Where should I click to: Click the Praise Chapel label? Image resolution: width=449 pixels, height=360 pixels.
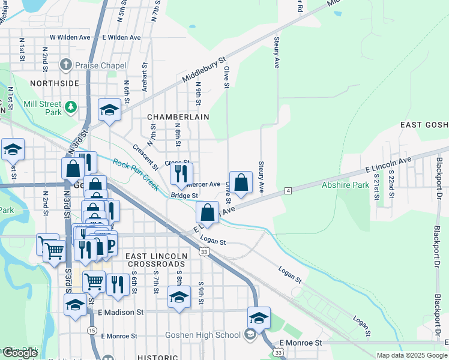pos(100,65)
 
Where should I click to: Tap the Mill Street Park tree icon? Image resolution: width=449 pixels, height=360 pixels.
pos(71,107)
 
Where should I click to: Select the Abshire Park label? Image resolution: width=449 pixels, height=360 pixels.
pos(345,185)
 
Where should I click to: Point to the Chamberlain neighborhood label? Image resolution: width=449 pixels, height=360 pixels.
pos(176,117)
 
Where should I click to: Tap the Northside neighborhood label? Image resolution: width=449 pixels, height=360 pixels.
pos(54,83)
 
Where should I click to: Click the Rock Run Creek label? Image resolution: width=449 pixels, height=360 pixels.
pos(136,175)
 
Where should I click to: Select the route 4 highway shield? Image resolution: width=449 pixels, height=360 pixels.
pos(288,190)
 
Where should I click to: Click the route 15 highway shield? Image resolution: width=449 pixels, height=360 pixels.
pos(92,330)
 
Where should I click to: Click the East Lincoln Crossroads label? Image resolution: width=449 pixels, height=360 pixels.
pos(155,260)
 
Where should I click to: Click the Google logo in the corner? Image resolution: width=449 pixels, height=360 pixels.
pos(20,353)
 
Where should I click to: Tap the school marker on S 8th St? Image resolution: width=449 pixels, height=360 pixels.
pos(179,296)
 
